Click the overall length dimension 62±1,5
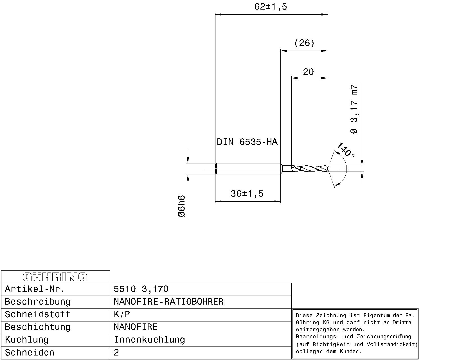271,7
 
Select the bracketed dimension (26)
304,43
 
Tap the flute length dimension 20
308,72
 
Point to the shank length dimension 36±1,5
247,194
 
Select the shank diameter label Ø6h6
182,206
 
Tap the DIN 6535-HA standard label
247,142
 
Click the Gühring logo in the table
55,277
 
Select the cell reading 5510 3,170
141,289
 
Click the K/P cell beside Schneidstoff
122,314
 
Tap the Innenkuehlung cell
149,340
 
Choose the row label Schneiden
30,352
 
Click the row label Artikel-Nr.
35,289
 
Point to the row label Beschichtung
38,327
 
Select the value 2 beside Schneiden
116,352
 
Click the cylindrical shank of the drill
247,169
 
